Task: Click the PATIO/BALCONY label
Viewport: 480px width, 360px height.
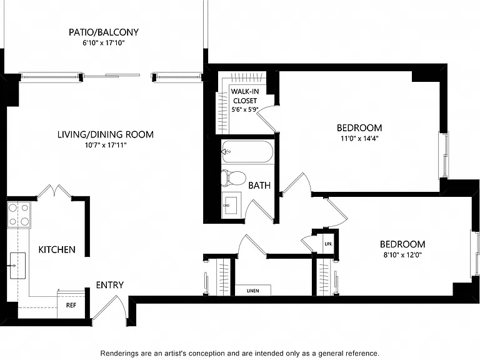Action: pyautogui.click(x=104, y=32)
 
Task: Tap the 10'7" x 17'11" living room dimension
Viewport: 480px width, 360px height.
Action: pyautogui.click(x=106, y=145)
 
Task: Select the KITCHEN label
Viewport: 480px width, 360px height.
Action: pyautogui.click(x=57, y=249)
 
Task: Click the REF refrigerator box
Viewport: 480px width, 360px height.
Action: pyautogui.click(x=71, y=305)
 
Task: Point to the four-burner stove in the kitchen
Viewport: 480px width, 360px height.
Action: pyautogui.click(x=19, y=214)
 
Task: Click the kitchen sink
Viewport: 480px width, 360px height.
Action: pyautogui.click(x=17, y=266)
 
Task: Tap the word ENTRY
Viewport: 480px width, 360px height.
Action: pyautogui.click(x=110, y=285)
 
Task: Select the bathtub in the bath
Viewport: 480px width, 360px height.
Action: pyautogui.click(x=247, y=152)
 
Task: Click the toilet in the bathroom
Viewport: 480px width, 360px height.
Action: pyautogui.click(x=234, y=178)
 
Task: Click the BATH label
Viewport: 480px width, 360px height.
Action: pyautogui.click(x=259, y=186)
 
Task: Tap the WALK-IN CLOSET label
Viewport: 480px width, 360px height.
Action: pyautogui.click(x=245, y=96)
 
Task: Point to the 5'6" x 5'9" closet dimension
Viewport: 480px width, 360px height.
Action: pyautogui.click(x=244, y=109)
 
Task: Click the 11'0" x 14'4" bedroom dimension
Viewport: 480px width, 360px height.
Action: pyautogui.click(x=359, y=138)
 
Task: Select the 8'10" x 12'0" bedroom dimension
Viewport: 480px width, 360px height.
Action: pyautogui.click(x=402, y=255)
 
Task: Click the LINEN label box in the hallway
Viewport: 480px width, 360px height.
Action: pyautogui.click(x=253, y=290)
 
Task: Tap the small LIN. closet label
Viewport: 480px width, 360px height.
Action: pyautogui.click(x=329, y=244)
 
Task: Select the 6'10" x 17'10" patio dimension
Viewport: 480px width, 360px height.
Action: pyautogui.click(x=104, y=43)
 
